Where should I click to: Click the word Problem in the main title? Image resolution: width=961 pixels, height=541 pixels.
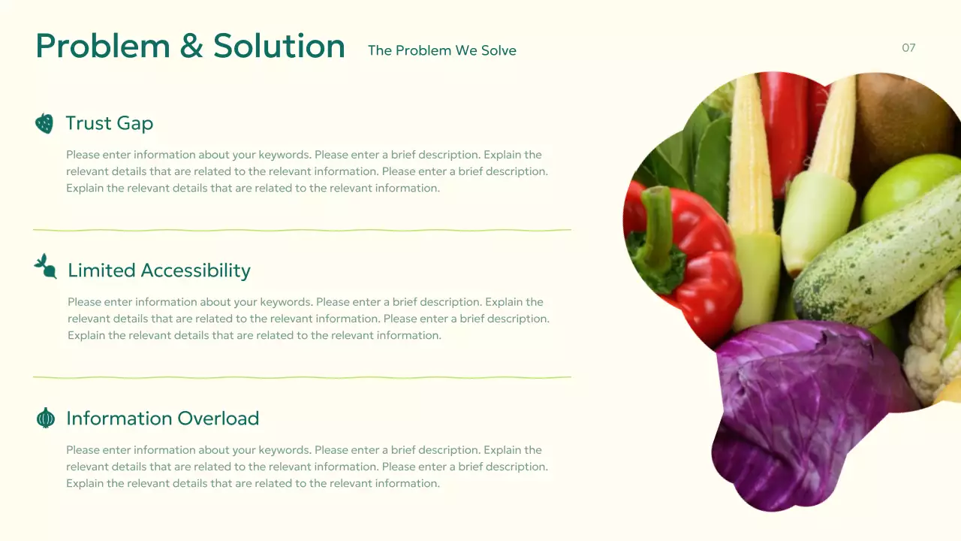pos(103,47)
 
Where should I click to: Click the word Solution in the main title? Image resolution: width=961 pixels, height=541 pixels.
pos(279,47)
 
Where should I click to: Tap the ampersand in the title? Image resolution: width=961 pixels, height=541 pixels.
pos(191,47)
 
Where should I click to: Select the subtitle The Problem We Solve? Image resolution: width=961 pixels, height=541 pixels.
pos(441,50)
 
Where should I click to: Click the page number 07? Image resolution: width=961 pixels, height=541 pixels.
pos(908,48)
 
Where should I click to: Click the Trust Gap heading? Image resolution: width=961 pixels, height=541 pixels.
pos(110,123)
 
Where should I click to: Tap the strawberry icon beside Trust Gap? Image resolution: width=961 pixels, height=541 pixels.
pos(44,123)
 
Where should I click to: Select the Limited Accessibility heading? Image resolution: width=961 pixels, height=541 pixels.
pos(159,270)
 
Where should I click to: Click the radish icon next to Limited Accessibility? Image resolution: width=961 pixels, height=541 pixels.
pos(46,266)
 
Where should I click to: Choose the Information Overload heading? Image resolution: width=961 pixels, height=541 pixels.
pos(162,419)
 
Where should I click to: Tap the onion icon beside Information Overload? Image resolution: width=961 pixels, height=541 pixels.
pos(46,418)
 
